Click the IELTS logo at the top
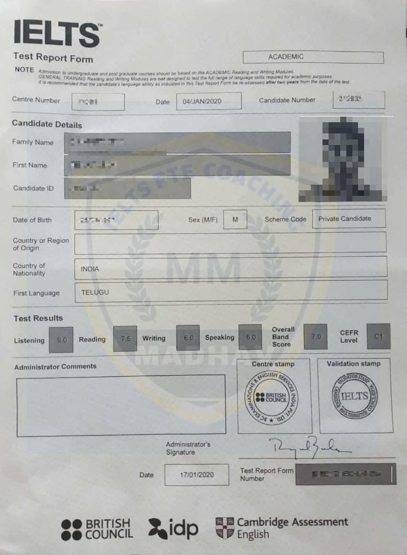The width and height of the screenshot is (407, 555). click(x=57, y=34)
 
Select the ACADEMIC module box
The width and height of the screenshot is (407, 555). click(x=313, y=57)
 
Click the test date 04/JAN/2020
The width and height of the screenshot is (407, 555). click(x=209, y=101)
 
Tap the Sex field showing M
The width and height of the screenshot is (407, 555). click(x=235, y=220)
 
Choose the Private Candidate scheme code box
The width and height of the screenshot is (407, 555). click(x=349, y=219)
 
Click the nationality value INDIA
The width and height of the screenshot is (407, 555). click(x=90, y=269)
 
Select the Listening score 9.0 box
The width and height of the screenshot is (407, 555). click(x=61, y=340)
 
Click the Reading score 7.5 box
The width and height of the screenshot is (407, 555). click(x=125, y=339)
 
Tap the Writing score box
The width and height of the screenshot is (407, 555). click(x=188, y=338)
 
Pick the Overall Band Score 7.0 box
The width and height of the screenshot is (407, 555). click(x=316, y=336)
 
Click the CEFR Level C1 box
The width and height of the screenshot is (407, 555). click(x=378, y=336)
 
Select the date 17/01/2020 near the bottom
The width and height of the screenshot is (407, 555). click(x=196, y=475)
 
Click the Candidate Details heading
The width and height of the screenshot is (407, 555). click(x=47, y=125)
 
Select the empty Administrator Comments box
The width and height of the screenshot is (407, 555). click(x=121, y=405)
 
